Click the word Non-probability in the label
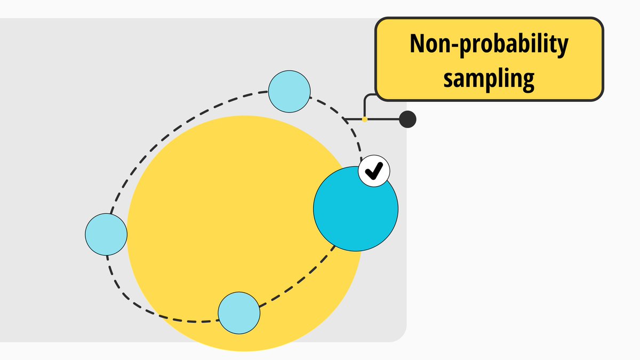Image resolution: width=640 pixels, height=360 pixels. [x=489, y=45]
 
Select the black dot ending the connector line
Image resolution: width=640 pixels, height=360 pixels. [x=407, y=119]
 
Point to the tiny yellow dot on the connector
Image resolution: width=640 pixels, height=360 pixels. [x=365, y=119]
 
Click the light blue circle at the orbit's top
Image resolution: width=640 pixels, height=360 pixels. [x=289, y=92]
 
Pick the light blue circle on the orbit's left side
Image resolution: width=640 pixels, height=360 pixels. [x=106, y=234]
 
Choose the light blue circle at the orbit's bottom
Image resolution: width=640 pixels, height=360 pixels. [x=239, y=313]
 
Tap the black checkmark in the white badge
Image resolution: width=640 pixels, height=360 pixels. [x=374, y=171]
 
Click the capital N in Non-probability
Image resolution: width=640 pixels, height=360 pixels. [x=417, y=45]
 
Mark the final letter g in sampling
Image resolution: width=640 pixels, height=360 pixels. [x=528, y=80]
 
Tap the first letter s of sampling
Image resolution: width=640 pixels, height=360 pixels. [x=449, y=78]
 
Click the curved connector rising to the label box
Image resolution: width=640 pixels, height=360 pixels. [x=367, y=101]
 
